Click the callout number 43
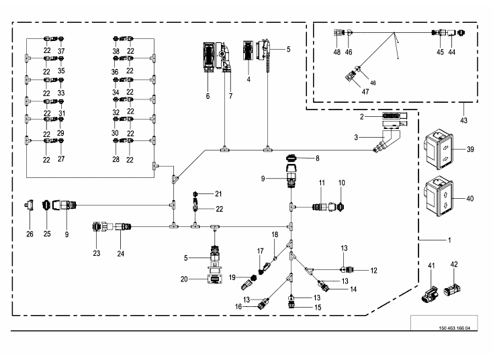463,120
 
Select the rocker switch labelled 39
439,149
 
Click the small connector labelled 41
430,294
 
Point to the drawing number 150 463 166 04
454,328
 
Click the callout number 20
184,279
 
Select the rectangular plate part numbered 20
215,279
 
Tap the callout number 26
30,234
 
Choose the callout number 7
231,96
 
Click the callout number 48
337,52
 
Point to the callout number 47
365,91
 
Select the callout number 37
61,50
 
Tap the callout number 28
116,159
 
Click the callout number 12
373,271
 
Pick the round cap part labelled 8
292,157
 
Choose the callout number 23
97,253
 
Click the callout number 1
449,240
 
